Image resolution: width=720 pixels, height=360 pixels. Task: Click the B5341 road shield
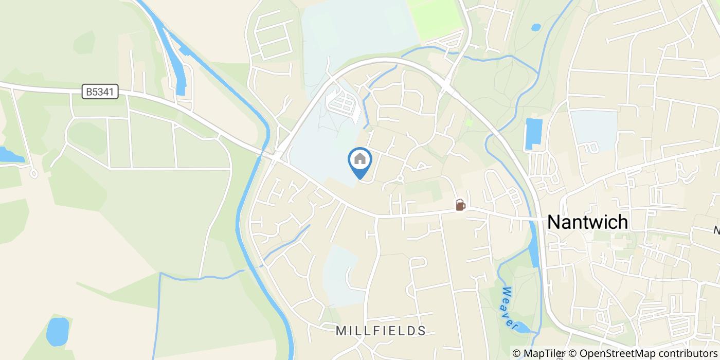point(101,92)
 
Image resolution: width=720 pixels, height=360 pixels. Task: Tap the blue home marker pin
point(360,160)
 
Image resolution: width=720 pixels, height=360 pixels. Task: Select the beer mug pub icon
point(460,205)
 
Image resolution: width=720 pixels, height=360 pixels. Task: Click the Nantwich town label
point(587,222)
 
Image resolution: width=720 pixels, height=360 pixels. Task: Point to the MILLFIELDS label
point(381,331)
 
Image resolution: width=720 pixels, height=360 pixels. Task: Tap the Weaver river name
point(508,308)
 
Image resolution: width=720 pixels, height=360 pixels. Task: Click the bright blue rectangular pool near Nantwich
point(534,134)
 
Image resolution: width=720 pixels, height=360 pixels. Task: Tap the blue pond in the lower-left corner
point(58,331)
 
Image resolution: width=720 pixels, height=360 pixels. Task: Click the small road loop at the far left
point(34,174)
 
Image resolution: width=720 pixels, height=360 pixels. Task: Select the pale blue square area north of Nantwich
point(594,129)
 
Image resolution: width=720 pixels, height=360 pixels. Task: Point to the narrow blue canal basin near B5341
point(180,72)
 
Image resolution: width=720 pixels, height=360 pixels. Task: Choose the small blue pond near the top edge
point(536,27)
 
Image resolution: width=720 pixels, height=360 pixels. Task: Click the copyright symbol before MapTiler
point(516,353)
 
